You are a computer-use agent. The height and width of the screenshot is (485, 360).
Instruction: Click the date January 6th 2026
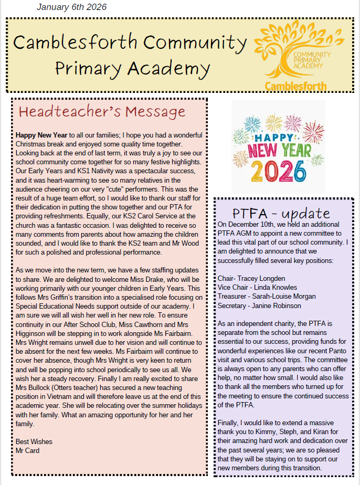click(x=71, y=7)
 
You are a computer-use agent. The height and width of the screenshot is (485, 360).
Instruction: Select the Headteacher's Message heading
click(x=102, y=111)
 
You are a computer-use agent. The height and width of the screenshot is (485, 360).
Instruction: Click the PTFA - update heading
click(x=281, y=213)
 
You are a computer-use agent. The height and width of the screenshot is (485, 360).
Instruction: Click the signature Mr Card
click(x=27, y=450)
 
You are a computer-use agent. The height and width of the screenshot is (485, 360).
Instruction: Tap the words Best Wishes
click(x=34, y=441)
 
